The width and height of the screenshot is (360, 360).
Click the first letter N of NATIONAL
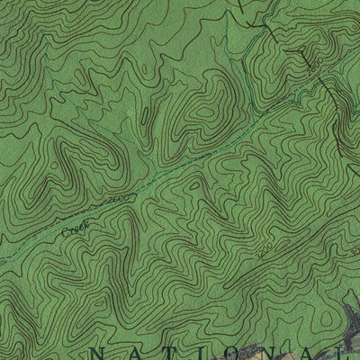point(101,352)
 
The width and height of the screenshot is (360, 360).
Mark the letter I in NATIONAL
point(205,352)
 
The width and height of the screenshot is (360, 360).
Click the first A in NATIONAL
point(137,352)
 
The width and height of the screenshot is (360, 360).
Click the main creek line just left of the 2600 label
point(97,208)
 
